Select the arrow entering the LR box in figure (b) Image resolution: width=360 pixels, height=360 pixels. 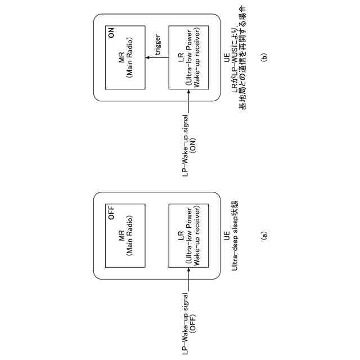coord(189,100)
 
